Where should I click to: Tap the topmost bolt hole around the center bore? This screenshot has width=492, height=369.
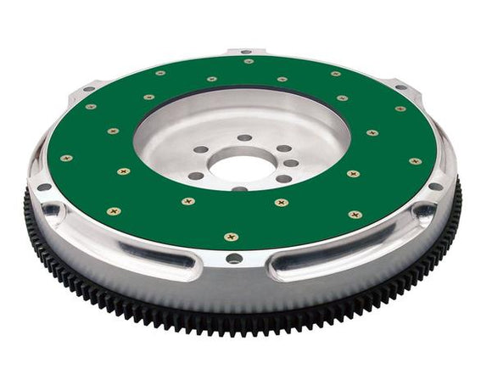coord(244,137)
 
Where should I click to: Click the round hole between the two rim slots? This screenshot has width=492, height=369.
coord(234,258)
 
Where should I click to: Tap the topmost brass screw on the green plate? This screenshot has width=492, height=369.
coord(248,61)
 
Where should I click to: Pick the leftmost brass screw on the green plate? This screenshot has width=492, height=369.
coord(66,158)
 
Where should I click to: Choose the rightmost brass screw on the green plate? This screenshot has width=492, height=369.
coord(415,160)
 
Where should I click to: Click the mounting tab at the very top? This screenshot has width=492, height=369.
coord(246,52)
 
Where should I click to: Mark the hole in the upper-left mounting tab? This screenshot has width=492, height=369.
coord(88,88)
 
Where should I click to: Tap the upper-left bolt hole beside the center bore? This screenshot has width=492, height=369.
coord(201,149)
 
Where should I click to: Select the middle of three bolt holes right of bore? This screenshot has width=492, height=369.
coord(291,163)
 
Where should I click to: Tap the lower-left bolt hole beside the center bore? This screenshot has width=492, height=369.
coord(197,176)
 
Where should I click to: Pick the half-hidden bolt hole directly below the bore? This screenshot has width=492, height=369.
coord(240,188)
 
